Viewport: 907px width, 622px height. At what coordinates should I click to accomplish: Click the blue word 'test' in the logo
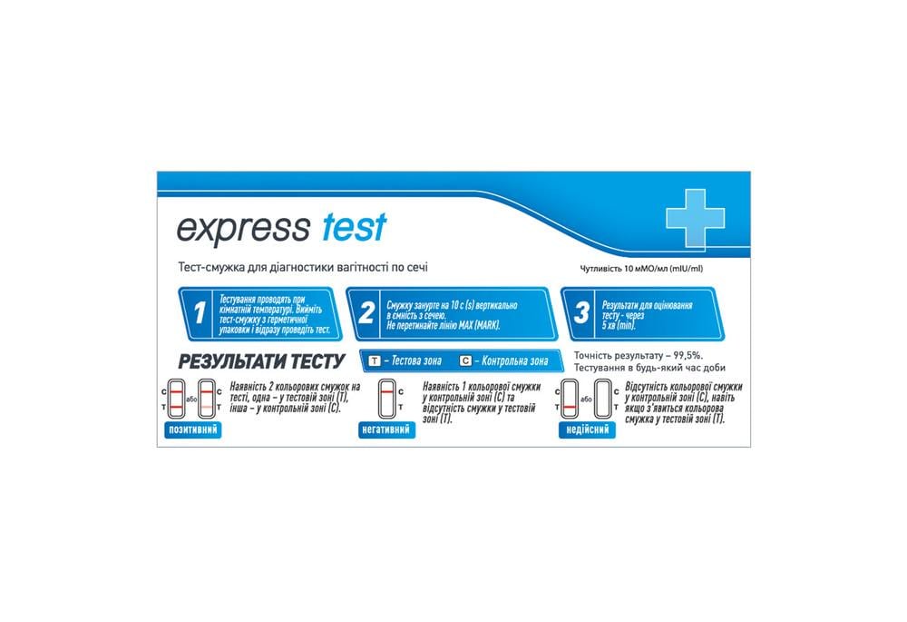pos(354,227)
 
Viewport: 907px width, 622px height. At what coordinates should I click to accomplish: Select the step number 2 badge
pos(366,314)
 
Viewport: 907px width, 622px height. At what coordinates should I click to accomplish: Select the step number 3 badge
pos(581,314)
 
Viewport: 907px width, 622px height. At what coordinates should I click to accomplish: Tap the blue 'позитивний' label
pos(192,429)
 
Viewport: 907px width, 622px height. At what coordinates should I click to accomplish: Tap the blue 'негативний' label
pos(387,429)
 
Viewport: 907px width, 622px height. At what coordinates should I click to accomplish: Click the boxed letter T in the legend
pos(374,360)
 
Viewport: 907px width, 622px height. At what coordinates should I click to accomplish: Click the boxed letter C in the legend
pos(465,360)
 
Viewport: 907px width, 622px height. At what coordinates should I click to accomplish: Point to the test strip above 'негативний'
pos(387,400)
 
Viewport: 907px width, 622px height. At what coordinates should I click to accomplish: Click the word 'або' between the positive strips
pos(190,400)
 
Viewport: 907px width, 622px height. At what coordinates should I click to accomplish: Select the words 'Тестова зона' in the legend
pos(414,361)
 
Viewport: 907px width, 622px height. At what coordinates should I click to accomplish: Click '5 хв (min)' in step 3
pos(618,324)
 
